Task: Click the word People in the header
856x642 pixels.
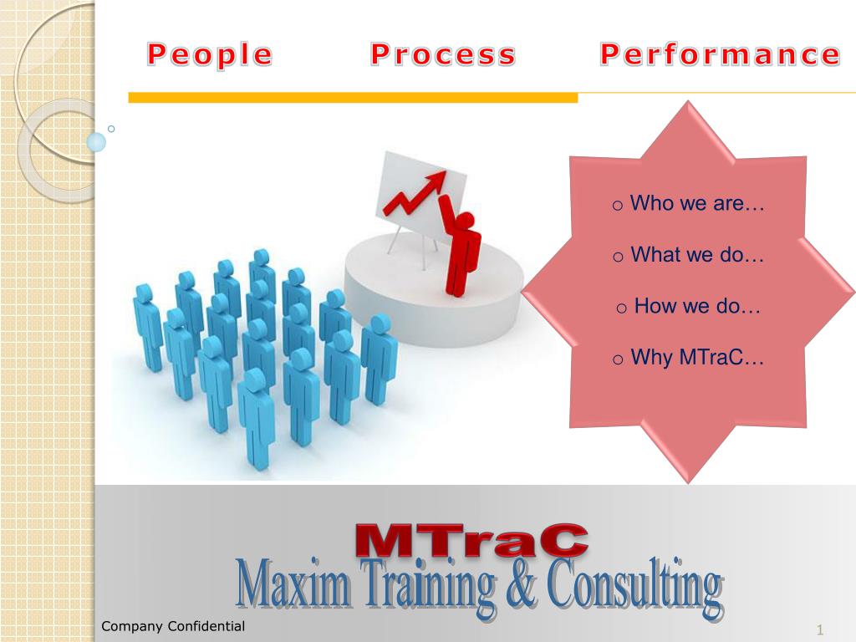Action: click(x=210, y=55)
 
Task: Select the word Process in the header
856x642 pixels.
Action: click(x=443, y=55)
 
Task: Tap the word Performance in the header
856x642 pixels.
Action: click(x=720, y=55)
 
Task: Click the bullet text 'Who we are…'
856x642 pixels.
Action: click(x=697, y=203)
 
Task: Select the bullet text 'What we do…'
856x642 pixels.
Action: click(x=697, y=255)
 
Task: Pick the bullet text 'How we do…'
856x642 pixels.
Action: click(x=697, y=306)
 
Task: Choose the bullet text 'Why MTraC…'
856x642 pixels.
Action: click(x=697, y=359)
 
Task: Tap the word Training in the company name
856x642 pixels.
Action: click(x=427, y=588)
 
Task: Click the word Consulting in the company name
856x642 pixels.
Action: click(x=635, y=588)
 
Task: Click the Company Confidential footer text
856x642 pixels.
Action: click(x=173, y=626)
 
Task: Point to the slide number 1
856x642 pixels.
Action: click(x=820, y=629)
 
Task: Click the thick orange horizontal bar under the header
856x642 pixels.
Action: click(x=352, y=98)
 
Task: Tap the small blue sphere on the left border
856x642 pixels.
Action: click(x=97, y=142)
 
